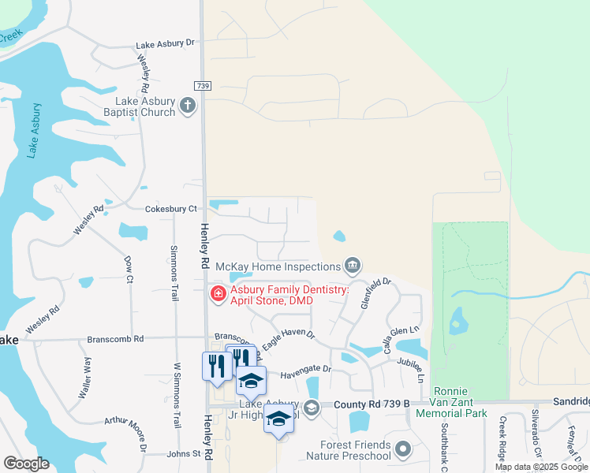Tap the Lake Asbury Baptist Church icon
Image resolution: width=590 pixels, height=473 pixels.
188,106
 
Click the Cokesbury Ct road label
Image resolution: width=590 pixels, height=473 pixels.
170,209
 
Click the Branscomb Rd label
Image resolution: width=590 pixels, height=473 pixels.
115,339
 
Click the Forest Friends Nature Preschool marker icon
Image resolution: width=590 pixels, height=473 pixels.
403,449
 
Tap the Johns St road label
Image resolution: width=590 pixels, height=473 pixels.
184,454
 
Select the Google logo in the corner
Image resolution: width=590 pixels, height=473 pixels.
26,464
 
